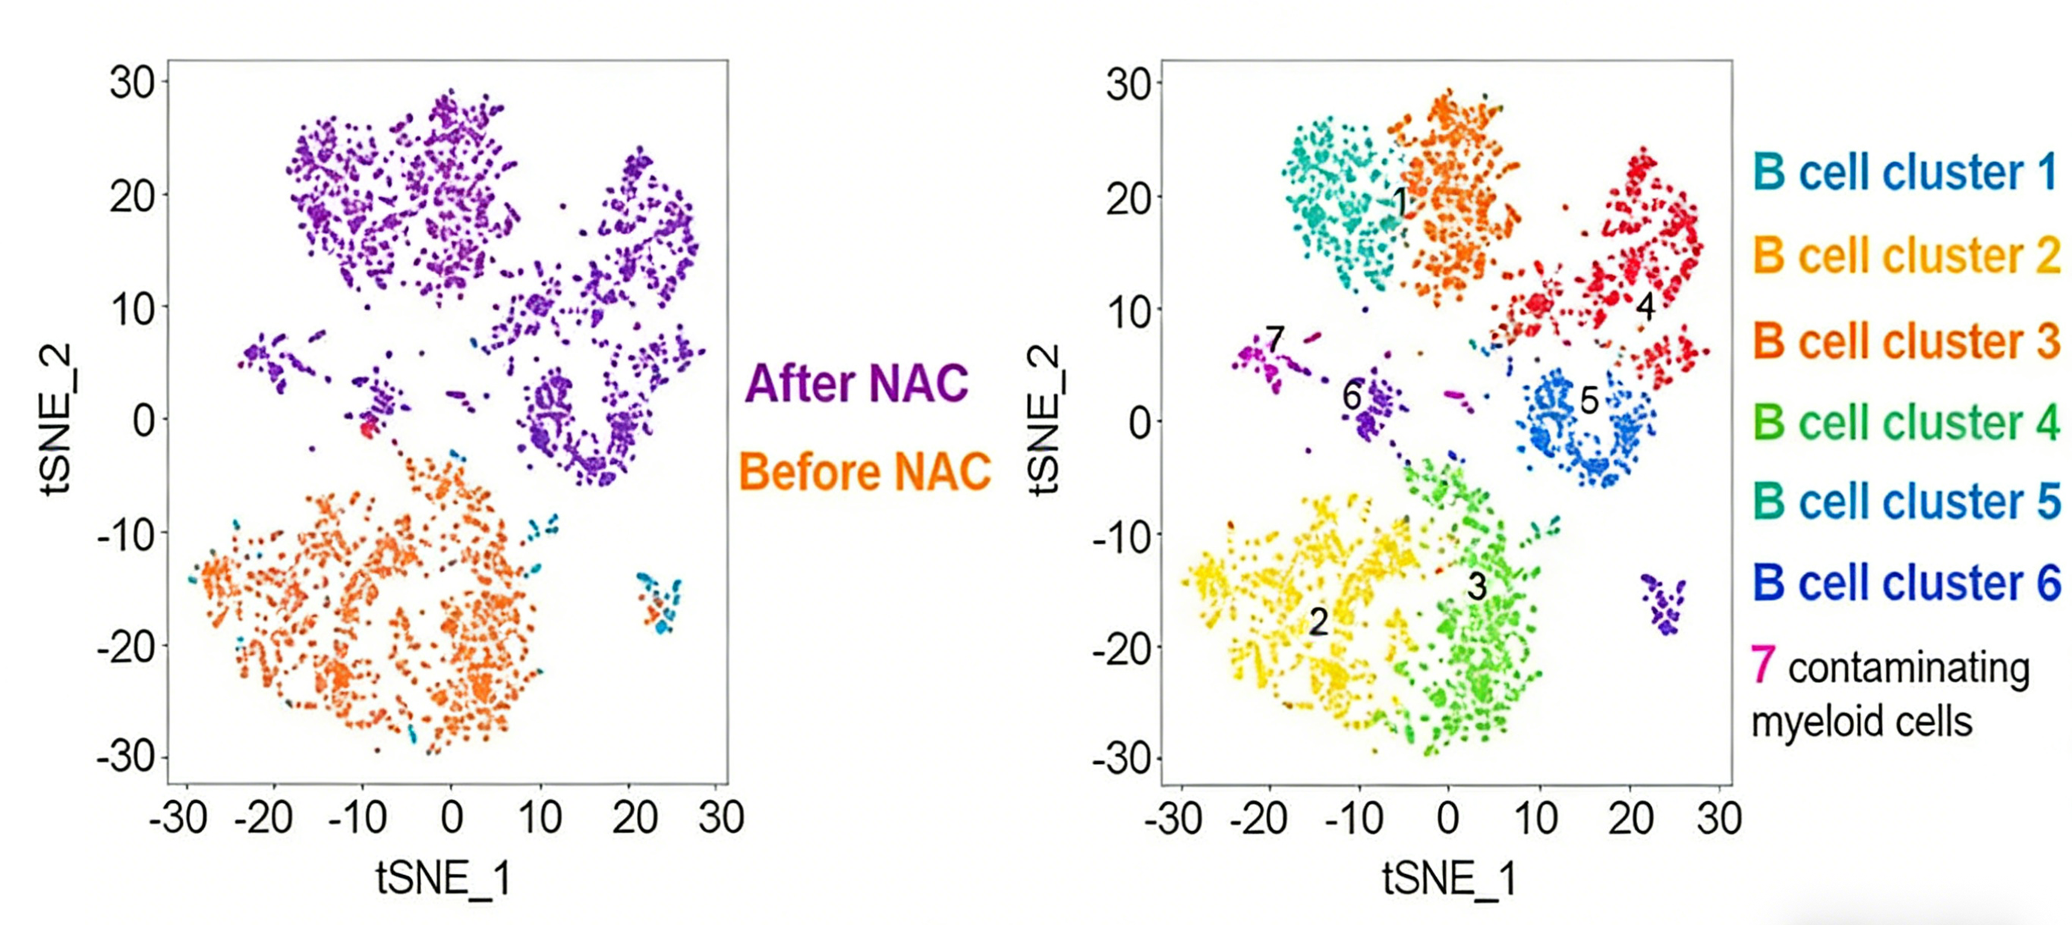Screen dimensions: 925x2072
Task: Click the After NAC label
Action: pyautogui.click(x=857, y=384)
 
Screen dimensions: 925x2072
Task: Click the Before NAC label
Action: pyautogui.click(x=864, y=472)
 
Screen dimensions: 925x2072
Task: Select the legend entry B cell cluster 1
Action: pyautogui.click(x=1906, y=173)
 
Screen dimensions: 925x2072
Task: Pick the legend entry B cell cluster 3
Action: pyautogui.click(x=1906, y=341)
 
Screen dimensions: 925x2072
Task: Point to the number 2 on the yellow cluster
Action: pyautogui.click(x=1318, y=621)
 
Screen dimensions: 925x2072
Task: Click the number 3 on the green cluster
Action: pyautogui.click(x=1477, y=587)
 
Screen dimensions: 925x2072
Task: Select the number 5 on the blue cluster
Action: pyautogui.click(x=1589, y=400)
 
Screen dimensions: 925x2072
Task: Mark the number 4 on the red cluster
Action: pyautogui.click(x=1645, y=307)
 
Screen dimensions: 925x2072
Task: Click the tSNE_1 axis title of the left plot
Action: pyautogui.click(x=444, y=876)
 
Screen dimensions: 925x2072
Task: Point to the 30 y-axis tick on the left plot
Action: pyautogui.click(x=132, y=82)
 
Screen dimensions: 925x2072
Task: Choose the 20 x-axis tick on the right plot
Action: pyautogui.click(x=1630, y=819)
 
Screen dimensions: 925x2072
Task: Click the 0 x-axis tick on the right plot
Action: pyautogui.click(x=1448, y=819)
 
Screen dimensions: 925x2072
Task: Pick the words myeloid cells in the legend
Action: pyautogui.click(x=1861, y=722)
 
